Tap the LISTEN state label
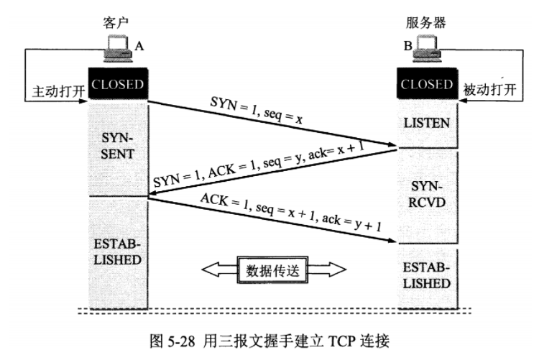(427, 123)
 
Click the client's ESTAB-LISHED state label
(118, 249)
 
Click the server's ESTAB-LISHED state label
(427, 274)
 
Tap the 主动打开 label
(54, 93)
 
